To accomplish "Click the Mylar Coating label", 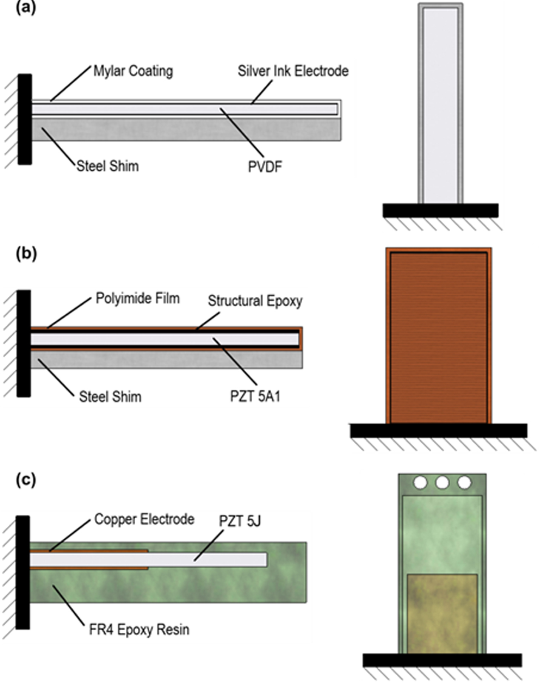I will click(x=133, y=71).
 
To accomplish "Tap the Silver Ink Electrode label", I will click(x=293, y=71).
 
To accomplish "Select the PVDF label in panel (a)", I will click(x=265, y=167).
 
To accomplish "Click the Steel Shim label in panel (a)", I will click(x=108, y=166).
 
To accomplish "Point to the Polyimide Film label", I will click(x=137, y=299).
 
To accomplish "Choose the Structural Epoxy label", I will click(x=255, y=301).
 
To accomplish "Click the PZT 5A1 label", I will click(x=255, y=397).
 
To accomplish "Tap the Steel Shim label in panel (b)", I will click(x=110, y=397).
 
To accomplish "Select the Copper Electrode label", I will click(x=144, y=519).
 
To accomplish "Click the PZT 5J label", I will click(x=240, y=521).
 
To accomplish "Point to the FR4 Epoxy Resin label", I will click(x=139, y=629).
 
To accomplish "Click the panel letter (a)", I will click(x=26, y=8).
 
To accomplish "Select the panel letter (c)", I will click(x=26, y=479).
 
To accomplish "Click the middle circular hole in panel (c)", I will click(x=442, y=482).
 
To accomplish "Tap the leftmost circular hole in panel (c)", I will click(x=421, y=482).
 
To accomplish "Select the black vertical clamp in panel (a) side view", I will click(x=25, y=119).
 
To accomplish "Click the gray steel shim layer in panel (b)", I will click(x=166, y=359).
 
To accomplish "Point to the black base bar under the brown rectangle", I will click(x=438, y=431).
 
